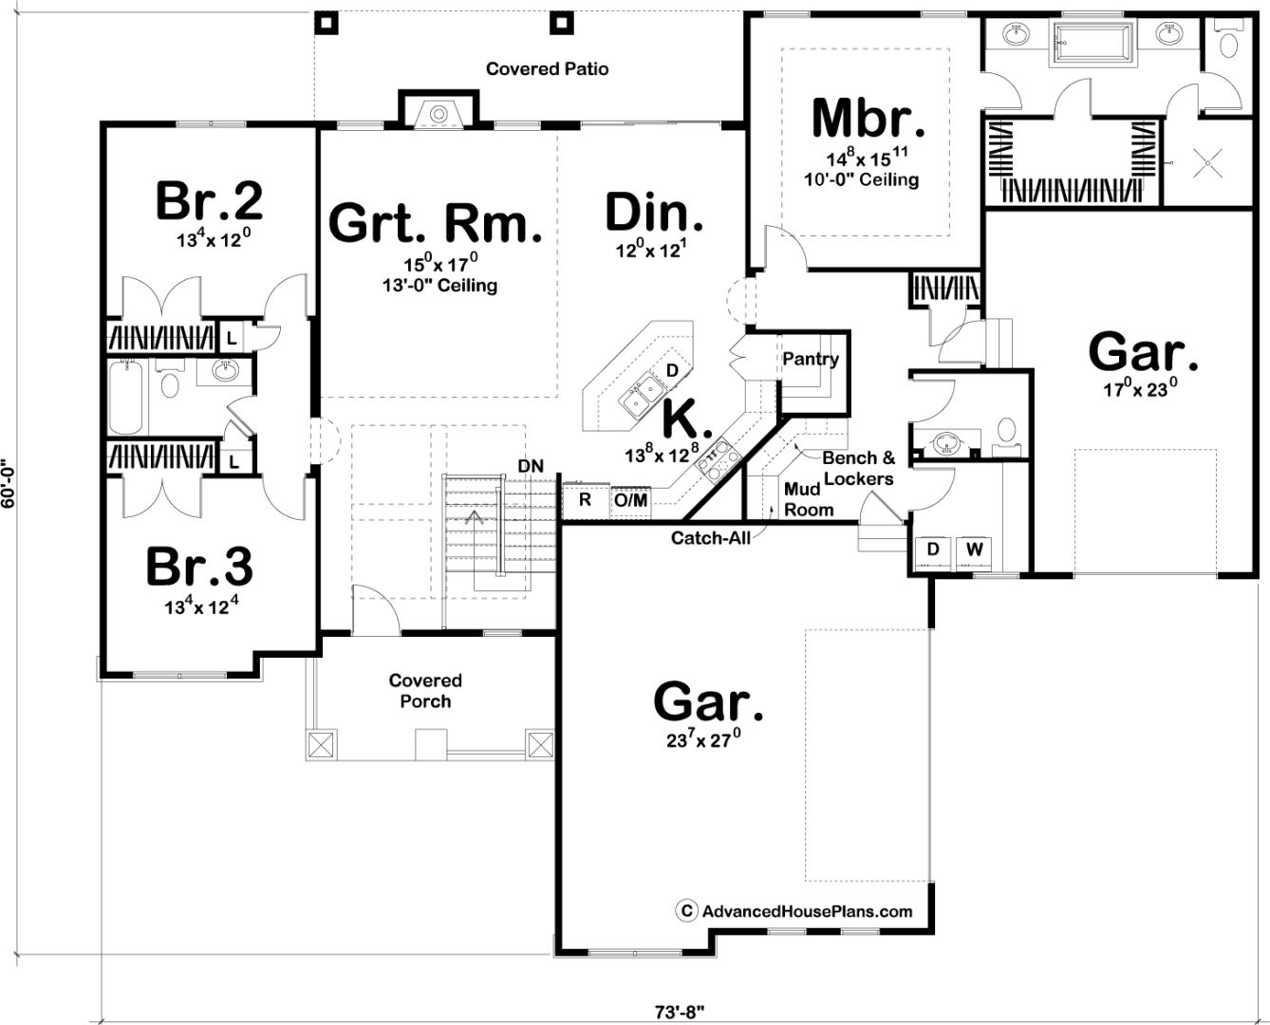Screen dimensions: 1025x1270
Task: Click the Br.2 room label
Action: coord(209,200)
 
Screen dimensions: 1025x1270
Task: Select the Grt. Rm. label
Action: coord(436,223)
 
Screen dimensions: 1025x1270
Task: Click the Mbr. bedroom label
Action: coord(868,118)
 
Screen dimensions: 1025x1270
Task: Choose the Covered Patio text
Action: coord(547,68)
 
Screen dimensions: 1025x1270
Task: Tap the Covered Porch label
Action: coord(425,691)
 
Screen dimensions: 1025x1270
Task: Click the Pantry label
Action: coord(810,359)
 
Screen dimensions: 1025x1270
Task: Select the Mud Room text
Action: coord(808,500)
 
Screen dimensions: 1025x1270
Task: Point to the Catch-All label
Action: coord(711,538)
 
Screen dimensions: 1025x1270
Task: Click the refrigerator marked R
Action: coord(586,499)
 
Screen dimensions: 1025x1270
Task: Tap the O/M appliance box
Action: coord(630,499)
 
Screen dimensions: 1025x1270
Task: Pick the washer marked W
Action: coord(975,549)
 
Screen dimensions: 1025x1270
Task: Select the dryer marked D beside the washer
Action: coord(933,549)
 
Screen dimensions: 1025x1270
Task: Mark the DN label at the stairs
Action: coord(531,466)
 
